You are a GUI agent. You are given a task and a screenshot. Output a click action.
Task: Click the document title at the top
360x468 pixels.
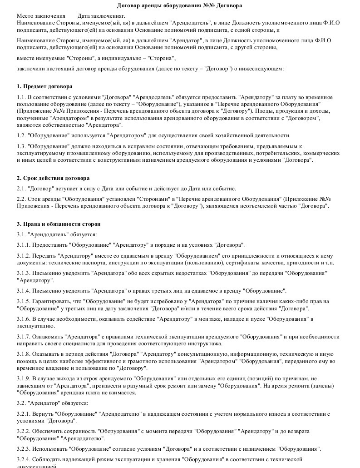click(179, 5)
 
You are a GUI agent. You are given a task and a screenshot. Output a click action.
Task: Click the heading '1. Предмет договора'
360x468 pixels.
click(44, 86)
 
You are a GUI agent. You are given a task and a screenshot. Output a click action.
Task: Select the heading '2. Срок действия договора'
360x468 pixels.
click(53, 178)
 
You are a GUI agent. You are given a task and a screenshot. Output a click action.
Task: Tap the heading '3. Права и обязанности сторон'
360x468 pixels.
click(59, 224)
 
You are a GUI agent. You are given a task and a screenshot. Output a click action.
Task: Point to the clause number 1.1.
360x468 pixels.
click(21, 98)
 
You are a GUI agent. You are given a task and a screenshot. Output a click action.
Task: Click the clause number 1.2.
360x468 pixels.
click(21, 135)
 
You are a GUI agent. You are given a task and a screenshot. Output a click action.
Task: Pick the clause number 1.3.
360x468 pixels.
click(21, 146)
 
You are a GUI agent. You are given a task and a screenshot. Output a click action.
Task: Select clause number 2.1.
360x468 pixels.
click(21, 189)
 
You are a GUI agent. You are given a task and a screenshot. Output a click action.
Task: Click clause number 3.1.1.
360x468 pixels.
click(23, 245)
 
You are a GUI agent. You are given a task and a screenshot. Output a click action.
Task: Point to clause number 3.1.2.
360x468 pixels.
click(23, 256)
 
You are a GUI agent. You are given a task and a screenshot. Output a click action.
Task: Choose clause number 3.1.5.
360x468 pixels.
click(23, 301)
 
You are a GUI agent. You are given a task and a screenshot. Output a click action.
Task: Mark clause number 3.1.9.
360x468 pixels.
click(23, 379)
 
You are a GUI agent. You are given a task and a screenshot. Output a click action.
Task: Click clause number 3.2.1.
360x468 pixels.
click(23, 414)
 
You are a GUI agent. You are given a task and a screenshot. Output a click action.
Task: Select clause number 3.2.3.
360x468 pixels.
click(23, 449)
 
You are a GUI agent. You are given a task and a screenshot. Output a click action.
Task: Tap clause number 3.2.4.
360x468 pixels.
click(23, 459)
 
